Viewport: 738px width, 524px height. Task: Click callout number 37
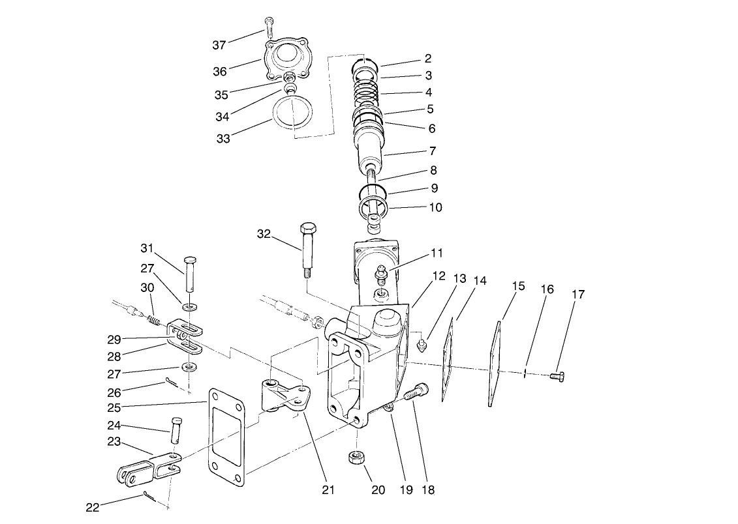coord(219,45)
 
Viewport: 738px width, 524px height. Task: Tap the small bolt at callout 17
coord(557,375)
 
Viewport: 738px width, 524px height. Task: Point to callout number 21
coord(328,489)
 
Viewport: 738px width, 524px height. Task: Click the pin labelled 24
coord(176,431)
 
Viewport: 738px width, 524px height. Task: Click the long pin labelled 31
coord(191,274)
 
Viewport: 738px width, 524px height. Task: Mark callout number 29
coord(114,340)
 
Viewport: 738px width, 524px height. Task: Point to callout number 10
coord(435,208)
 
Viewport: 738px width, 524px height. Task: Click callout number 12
coord(438,276)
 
